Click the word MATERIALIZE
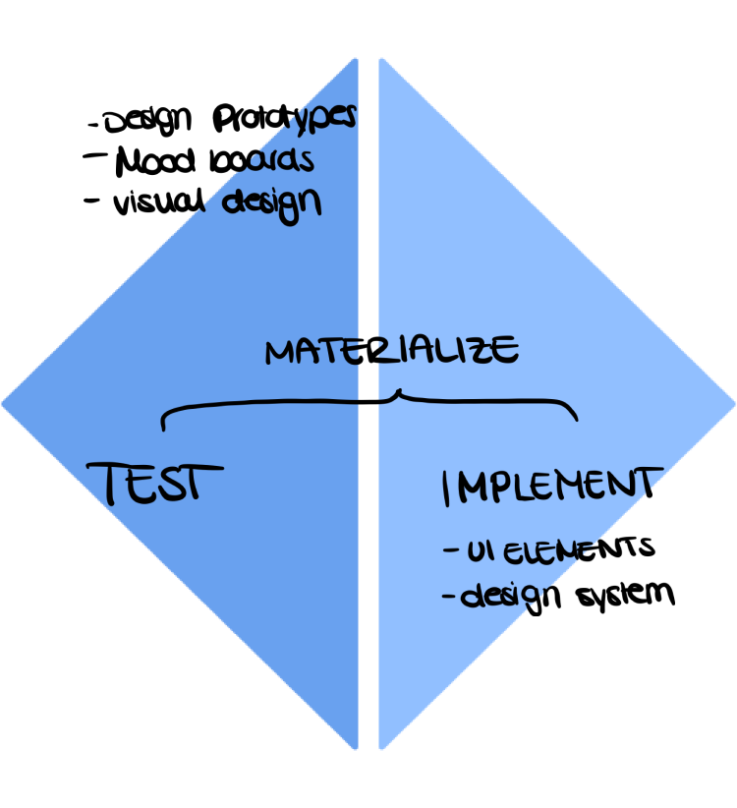click(391, 351)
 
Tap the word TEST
click(157, 482)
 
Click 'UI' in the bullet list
click(481, 551)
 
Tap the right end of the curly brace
click(575, 418)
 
